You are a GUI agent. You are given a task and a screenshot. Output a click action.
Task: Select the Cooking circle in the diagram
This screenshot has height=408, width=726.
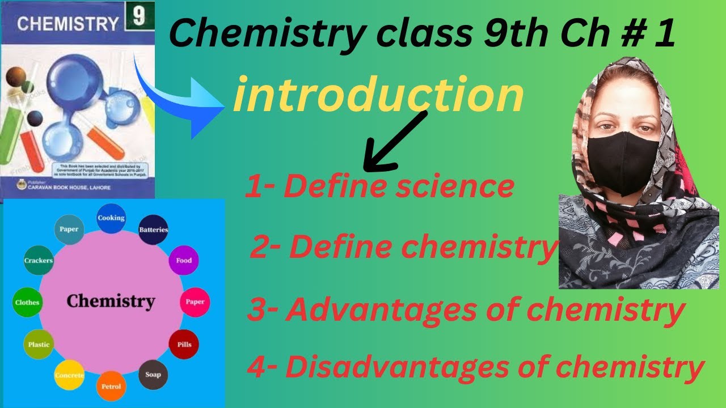point(111,218)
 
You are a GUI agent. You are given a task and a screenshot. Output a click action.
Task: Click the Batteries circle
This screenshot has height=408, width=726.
point(153,230)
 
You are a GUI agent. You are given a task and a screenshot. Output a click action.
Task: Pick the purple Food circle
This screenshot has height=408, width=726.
point(184,261)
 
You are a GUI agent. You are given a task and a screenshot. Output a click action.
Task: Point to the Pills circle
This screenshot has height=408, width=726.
point(184,344)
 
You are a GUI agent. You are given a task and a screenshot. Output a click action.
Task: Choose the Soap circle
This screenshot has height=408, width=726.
point(153,375)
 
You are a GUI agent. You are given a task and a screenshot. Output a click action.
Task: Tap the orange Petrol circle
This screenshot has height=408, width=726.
point(111,386)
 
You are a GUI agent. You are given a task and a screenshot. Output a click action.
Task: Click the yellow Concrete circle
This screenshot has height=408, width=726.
point(69,375)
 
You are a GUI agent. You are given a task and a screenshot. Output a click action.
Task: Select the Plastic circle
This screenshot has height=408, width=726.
point(39,344)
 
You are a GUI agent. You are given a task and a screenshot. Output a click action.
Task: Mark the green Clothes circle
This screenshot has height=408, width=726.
point(27,302)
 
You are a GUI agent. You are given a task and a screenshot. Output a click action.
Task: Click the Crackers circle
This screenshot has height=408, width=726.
point(39,261)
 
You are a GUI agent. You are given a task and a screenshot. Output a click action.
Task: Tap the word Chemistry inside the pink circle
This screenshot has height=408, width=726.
point(111,301)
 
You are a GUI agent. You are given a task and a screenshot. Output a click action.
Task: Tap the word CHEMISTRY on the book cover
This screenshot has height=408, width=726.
point(67,24)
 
